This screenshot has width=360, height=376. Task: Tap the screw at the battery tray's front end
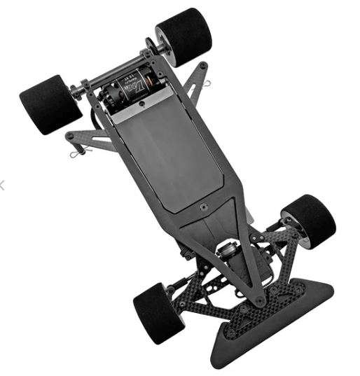coord(202,207)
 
